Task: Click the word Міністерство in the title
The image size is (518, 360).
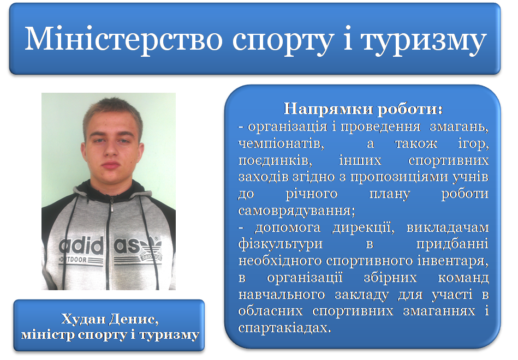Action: [123, 40]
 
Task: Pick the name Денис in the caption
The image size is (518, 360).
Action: [134, 319]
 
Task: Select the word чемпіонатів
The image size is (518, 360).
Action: [281, 144]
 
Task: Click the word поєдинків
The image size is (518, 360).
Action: [275, 161]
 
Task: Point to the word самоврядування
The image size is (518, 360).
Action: [296, 211]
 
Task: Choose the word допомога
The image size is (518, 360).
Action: [288, 228]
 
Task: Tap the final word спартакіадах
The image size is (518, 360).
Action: [284, 328]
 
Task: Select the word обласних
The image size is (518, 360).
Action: [270, 311]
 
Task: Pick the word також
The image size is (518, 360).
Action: [416, 144]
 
